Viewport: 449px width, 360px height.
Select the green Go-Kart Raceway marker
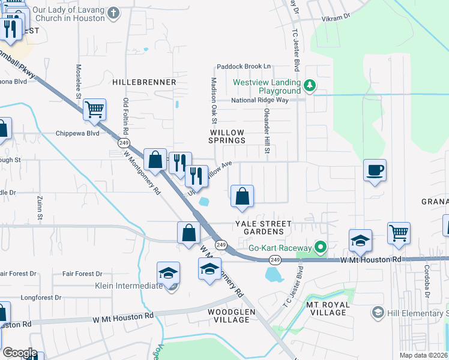tap(321, 247)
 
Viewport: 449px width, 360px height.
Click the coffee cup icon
tap(375, 170)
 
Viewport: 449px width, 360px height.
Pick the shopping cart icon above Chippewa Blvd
tap(95, 109)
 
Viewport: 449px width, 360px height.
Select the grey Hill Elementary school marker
tap(378, 313)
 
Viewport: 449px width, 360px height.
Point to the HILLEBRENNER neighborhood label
tap(144, 82)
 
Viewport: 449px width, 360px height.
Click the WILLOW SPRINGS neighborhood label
tap(228, 136)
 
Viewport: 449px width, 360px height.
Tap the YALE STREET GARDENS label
tap(263, 227)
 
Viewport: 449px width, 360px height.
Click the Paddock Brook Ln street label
tap(244, 67)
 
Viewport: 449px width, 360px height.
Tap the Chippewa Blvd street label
tap(77, 133)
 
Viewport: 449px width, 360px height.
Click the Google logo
tap(20, 353)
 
